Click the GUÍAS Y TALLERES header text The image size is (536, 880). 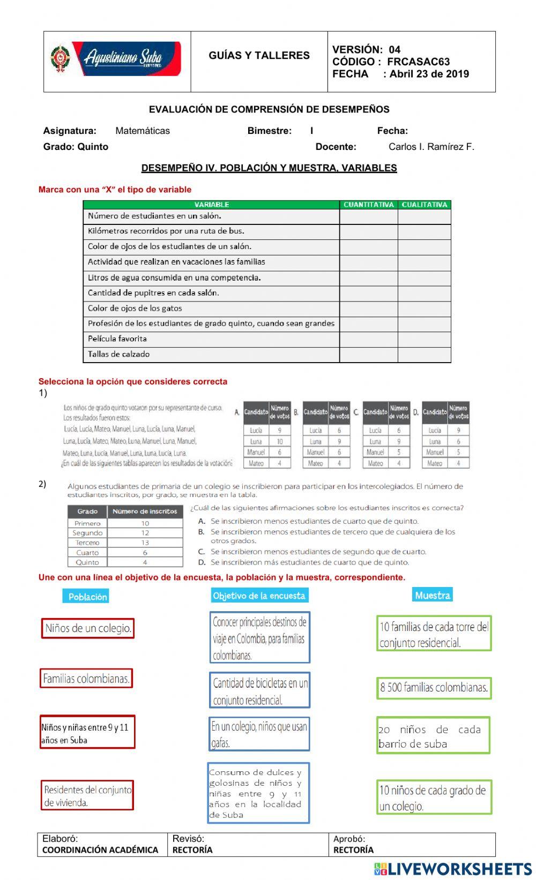pyautogui.click(x=259, y=55)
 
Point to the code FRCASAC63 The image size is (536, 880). pyautogui.click(x=418, y=62)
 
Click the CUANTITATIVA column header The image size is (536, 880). pyautogui.click(x=368, y=205)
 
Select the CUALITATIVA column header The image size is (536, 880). pyautogui.click(x=424, y=205)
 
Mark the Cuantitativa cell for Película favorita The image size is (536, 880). pyautogui.click(x=368, y=339)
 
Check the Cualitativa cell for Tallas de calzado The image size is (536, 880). pyautogui.click(x=424, y=355)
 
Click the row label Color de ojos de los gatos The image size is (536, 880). pyautogui.click(x=135, y=309)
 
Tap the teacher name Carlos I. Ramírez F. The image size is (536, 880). pyautogui.click(x=431, y=147)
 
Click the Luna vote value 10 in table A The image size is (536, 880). pyautogui.click(x=280, y=441)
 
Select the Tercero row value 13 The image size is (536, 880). pyautogui.click(x=145, y=543)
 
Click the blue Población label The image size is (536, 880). pyautogui.click(x=87, y=597)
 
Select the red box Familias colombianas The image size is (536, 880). pyautogui.click(x=86, y=679)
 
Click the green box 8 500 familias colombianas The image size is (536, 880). pyautogui.click(x=434, y=688)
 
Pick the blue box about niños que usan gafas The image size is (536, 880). pyautogui.click(x=259, y=734)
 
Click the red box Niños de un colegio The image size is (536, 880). pyautogui.click(x=88, y=628)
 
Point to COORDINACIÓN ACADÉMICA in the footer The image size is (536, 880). pyautogui.click(x=100, y=849)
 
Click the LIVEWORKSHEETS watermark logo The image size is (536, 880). pyautogui.click(x=452, y=869)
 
